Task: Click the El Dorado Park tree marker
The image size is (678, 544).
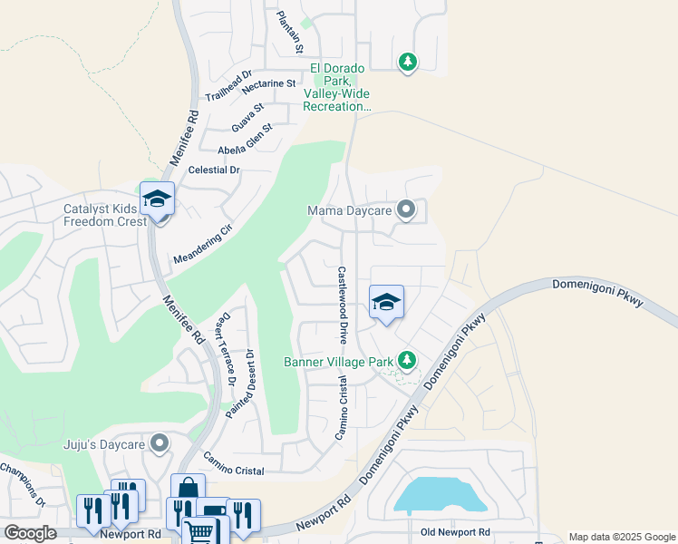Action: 408,62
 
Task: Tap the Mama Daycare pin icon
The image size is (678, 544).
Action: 407,210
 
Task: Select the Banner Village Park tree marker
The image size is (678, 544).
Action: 408,361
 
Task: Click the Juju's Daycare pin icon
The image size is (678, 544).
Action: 160,443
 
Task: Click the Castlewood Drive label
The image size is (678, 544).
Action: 344,305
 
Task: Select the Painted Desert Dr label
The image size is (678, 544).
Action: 242,382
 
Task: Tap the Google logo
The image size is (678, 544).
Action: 29,533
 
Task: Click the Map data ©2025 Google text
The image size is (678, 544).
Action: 621,537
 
